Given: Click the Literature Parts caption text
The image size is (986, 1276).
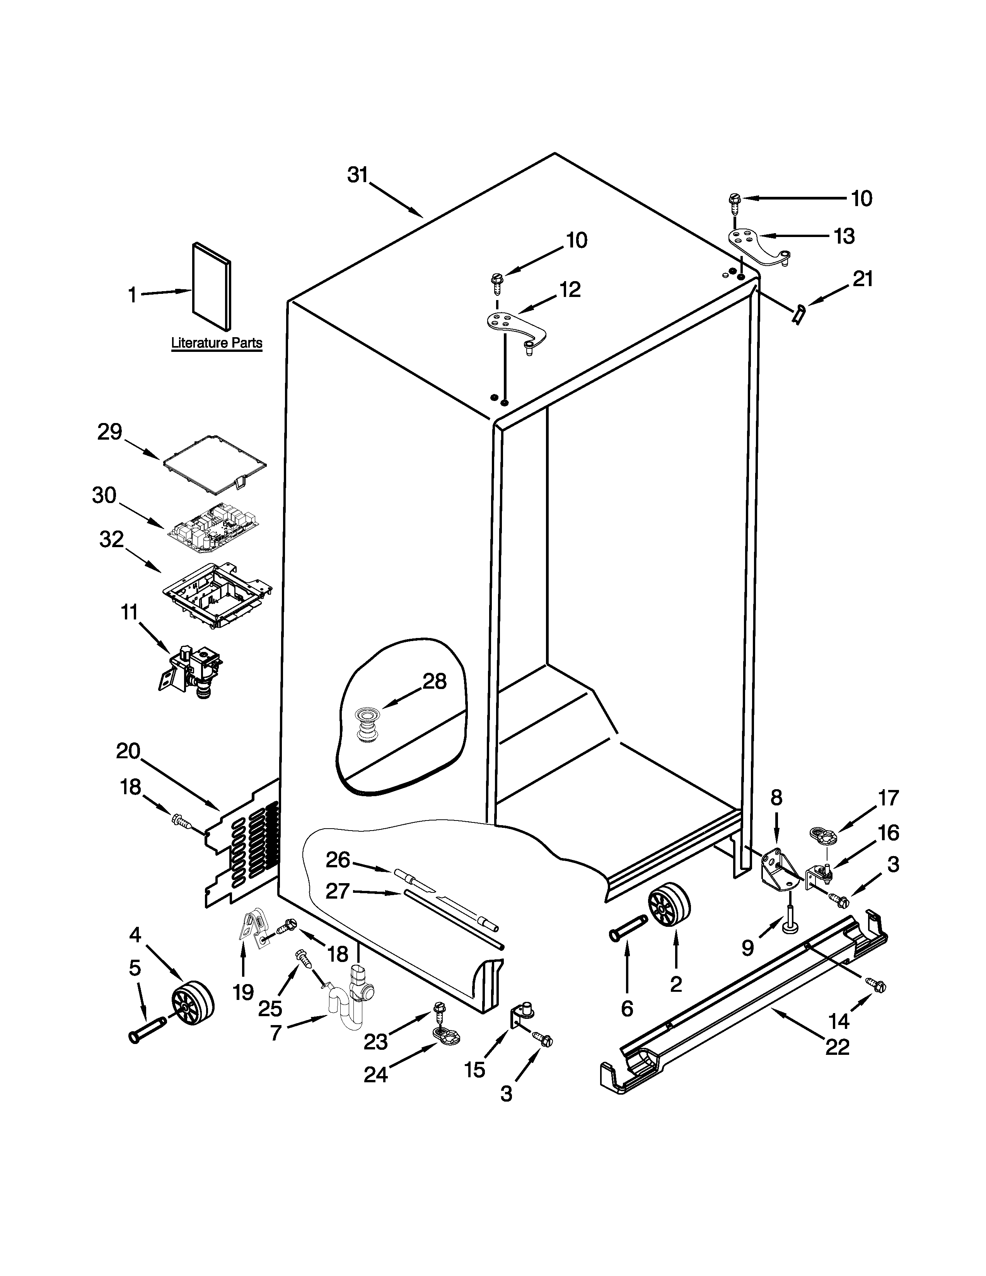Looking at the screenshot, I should click(217, 343).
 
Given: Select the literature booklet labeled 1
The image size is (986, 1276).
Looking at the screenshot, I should click(212, 286).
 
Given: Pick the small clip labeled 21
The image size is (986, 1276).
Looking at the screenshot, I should click(798, 314).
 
